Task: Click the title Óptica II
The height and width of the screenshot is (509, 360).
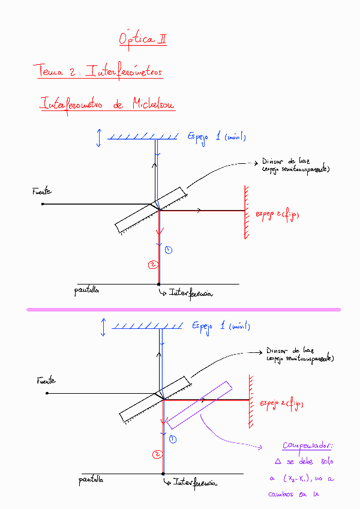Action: [142, 40]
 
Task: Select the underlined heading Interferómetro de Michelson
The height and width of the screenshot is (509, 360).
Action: [107, 104]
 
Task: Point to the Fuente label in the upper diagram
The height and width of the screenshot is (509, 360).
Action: [41, 192]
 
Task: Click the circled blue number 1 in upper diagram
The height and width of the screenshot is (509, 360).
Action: [168, 249]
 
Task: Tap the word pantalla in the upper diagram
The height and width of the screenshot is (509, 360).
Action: [86, 291]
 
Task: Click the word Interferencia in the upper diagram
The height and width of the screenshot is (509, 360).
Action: [191, 294]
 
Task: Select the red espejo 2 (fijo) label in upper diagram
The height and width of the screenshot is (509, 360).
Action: [278, 214]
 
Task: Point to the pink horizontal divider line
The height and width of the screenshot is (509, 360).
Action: [183, 310]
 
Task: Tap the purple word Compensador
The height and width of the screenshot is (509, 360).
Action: [307, 446]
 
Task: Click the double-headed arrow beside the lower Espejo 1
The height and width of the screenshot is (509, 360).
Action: [104, 328]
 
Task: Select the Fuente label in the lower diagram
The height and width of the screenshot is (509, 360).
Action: [46, 381]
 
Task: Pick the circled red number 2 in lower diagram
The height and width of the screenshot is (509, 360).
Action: [157, 454]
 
